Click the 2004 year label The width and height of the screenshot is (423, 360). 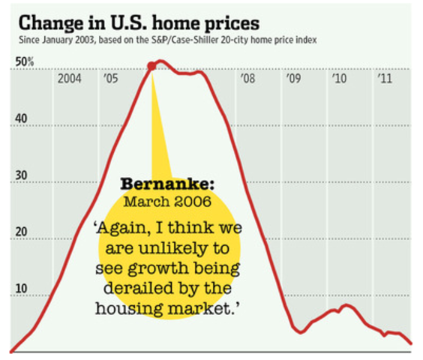tap(70, 79)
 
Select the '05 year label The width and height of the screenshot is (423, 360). tap(111, 79)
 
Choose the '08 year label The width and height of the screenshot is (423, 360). tap(247, 79)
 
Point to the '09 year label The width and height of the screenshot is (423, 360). tap(292, 79)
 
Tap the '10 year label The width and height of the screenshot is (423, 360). tap(338, 79)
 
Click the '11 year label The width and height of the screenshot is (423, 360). tap(384, 79)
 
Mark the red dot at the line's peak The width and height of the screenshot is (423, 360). tap(152, 66)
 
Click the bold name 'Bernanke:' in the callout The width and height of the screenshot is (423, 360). tap(158, 184)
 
